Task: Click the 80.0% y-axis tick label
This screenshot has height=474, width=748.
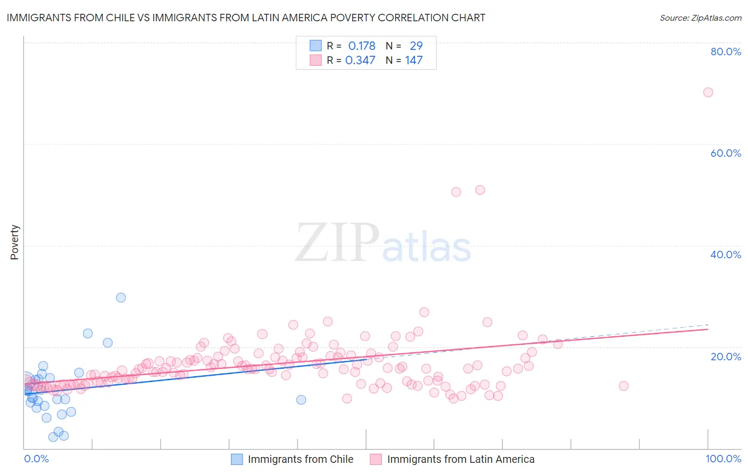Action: [x=726, y=52]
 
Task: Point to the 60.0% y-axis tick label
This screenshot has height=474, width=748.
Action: [x=726, y=153]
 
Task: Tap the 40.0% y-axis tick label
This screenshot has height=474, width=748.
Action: [x=726, y=255]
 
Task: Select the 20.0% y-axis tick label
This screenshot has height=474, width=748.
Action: [x=726, y=356]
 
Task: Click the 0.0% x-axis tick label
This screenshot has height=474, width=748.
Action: [x=36, y=459]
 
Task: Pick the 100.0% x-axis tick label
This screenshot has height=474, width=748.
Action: [x=723, y=459]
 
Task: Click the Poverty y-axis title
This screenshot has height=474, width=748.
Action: [x=14, y=242]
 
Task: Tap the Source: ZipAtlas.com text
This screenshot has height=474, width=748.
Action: [x=700, y=18]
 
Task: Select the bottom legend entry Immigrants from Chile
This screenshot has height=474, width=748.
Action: [x=300, y=459]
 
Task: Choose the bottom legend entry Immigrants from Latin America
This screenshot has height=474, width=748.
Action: [x=460, y=459]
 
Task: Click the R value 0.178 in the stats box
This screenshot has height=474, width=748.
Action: [x=362, y=46]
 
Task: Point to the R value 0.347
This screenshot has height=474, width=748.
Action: [x=360, y=60]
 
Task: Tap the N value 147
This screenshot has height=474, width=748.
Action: [x=414, y=60]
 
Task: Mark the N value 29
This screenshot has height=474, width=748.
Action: [x=416, y=46]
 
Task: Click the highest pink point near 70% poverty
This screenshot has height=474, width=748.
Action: [x=708, y=92]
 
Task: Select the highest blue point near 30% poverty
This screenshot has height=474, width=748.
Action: [x=121, y=298]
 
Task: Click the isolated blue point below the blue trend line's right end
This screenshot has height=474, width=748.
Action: [x=301, y=400]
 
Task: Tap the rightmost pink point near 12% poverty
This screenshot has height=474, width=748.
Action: [x=624, y=386]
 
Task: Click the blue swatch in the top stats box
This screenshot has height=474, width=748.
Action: [x=315, y=46]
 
